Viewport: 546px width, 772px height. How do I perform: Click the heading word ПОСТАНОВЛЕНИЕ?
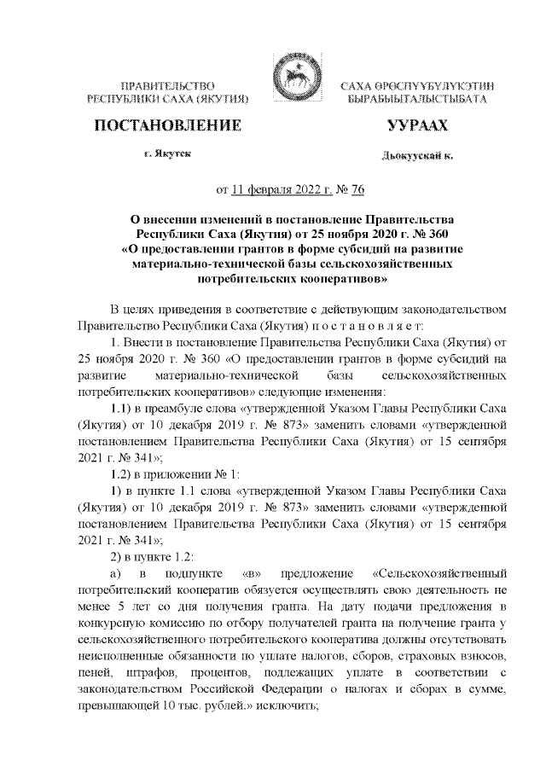tap(166, 127)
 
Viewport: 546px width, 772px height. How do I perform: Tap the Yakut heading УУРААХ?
tap(417, 127)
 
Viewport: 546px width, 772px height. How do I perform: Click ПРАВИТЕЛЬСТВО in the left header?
tap(167, 86)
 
